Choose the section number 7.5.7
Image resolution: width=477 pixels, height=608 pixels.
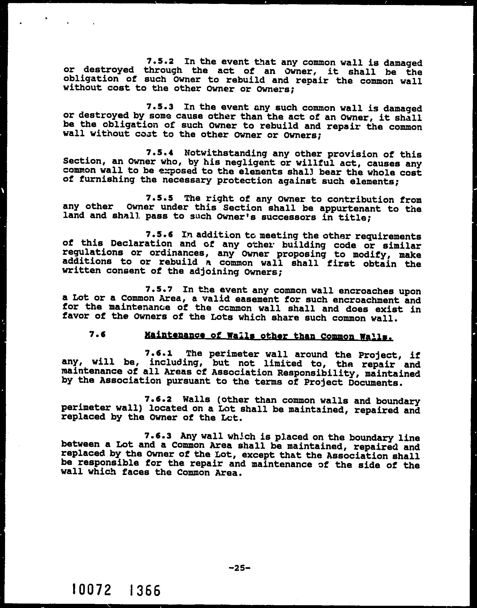[x=159, y=289]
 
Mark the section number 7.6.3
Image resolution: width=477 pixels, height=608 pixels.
[x=158, y=436]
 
